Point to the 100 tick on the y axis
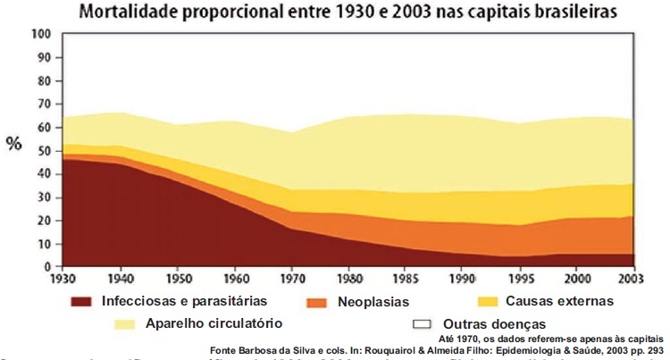coord(40,34)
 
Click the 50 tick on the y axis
coord(43,150)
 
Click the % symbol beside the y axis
coord(14,144)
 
